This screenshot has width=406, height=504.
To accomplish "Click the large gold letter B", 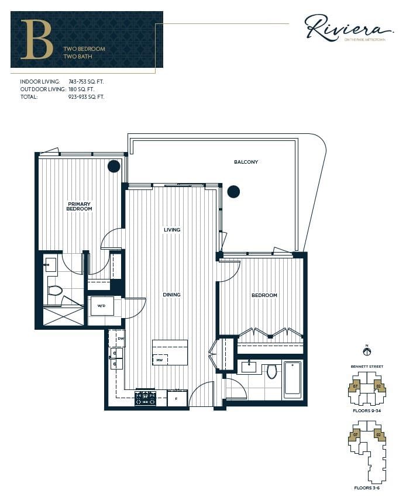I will (37, 39).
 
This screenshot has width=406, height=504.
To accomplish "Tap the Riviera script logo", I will (347, 27).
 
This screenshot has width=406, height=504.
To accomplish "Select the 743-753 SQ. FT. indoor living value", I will (86, 82).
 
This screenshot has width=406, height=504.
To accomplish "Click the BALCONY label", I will (246, 162).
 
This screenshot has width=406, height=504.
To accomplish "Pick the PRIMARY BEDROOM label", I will (79, 206).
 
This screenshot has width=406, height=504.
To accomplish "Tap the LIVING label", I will (172, 230).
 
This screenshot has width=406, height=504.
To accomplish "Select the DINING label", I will (172, 295).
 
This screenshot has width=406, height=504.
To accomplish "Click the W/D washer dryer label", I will (101, 306).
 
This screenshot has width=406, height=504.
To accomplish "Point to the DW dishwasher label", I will (121, 339).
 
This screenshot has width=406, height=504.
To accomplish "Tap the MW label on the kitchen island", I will (159, 360).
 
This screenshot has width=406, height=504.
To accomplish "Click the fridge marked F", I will (176, 399).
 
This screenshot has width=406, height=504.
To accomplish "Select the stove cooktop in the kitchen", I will (145, 398).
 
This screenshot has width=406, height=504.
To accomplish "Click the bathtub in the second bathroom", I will (293, 379).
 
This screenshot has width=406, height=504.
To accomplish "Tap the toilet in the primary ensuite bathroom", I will (55, 290).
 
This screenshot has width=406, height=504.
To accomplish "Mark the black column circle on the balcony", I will (233, 191).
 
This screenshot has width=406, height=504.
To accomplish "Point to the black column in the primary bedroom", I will (114, 166).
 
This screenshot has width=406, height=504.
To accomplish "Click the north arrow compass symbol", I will (367, 351).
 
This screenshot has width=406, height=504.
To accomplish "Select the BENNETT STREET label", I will (367, 367).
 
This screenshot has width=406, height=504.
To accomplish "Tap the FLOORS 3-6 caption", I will (367, 487).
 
